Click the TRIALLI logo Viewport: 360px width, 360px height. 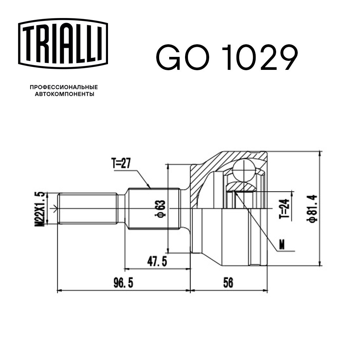(63, 44)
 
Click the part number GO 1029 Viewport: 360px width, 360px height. (227, 57)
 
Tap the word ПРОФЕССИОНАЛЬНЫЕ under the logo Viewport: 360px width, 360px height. (64, 87)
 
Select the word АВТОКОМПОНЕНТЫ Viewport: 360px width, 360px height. (64, 94)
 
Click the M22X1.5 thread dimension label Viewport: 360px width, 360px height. (39, 209)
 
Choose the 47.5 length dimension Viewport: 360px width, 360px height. (157, 261)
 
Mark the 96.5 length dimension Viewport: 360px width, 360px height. (123, 283)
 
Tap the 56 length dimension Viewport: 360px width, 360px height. (228, 283)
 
